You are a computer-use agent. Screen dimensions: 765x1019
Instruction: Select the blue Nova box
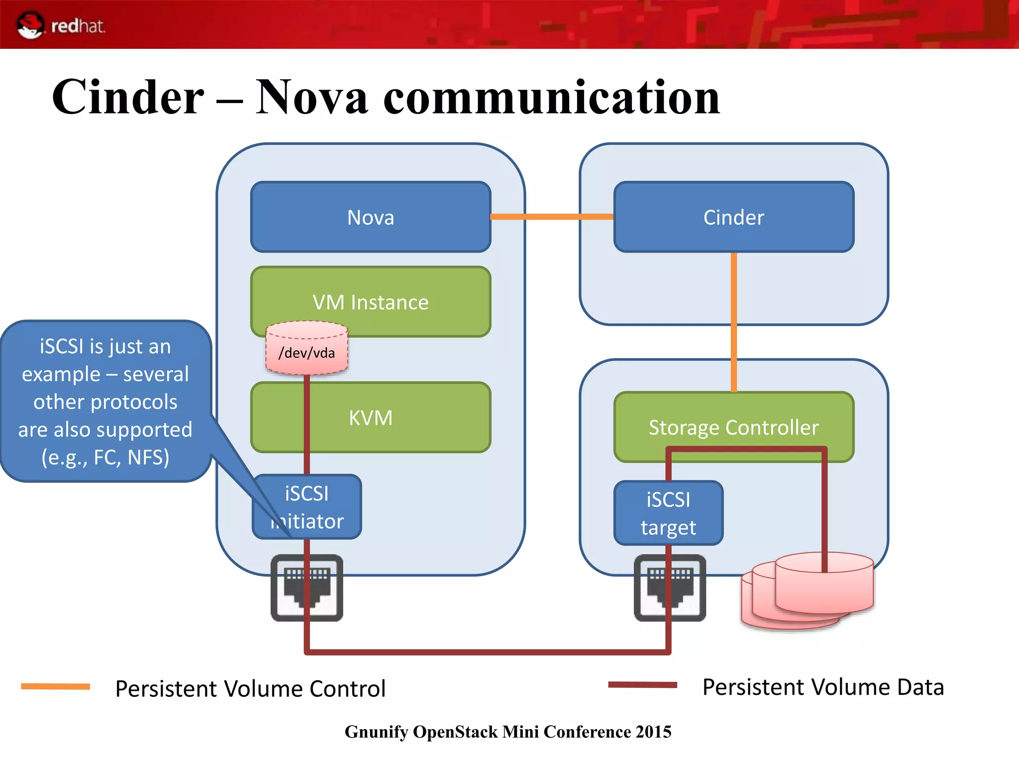(371, 217)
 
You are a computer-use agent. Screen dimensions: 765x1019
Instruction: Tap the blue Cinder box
(733, 217)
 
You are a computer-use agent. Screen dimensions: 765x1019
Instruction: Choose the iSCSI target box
(668, 513)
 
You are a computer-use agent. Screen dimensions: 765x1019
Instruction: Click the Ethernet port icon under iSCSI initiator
(307, 588)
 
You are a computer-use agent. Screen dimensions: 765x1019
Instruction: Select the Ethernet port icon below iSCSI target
(670, 588)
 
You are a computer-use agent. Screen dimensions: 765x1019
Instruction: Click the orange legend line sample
(55, 687)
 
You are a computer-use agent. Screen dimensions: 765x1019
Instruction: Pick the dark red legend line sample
(642, 685)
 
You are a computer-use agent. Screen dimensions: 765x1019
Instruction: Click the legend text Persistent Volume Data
(823, 687)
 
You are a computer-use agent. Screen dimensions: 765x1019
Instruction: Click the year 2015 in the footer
(653, 732)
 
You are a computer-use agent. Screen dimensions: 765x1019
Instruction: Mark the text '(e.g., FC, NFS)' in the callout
(105, 457)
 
